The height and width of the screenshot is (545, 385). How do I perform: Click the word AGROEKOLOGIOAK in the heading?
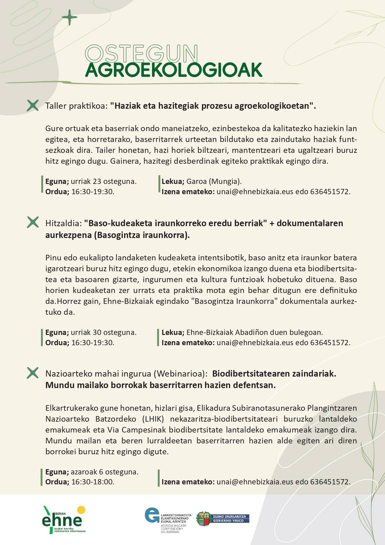click(174, 70)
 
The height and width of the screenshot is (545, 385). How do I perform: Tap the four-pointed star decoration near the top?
click(69, 17)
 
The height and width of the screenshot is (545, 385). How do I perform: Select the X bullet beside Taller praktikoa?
click(33, 106)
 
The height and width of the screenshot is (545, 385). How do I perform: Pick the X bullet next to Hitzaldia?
click(33, 222)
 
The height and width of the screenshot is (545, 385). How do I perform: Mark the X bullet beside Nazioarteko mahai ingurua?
click(33, 373)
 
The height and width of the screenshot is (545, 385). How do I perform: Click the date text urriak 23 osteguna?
click(104, 181)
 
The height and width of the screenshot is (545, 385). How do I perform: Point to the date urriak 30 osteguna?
click(104, 332)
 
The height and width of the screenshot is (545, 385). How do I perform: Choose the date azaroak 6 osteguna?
click(105, 472)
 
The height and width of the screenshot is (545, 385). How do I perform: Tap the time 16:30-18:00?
click(93, 482)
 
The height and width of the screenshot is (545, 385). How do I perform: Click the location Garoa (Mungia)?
click(214, 181)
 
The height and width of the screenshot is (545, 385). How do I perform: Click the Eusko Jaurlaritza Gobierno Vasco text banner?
click(231, 519)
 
